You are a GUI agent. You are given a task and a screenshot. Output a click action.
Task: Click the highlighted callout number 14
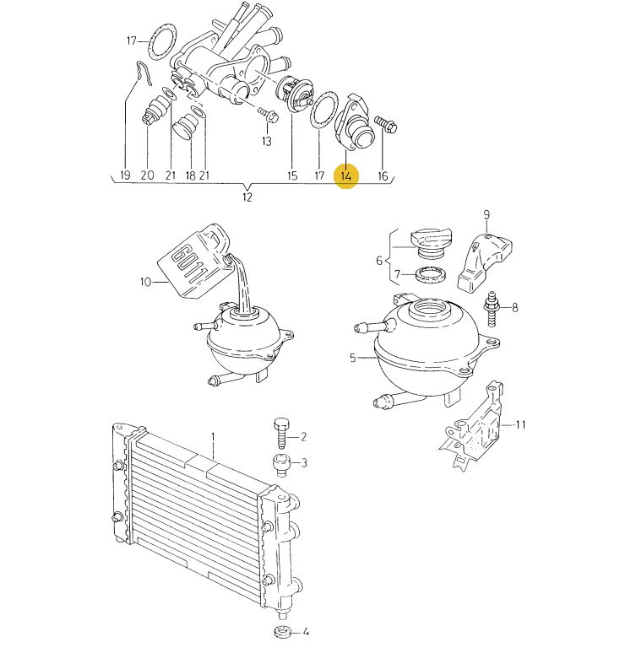(346, 175)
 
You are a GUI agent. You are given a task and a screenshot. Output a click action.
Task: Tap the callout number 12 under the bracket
(247, 197)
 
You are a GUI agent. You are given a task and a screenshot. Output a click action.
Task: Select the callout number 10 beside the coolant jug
(145, 283)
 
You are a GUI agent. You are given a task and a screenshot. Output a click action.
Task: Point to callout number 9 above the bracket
(487, 215)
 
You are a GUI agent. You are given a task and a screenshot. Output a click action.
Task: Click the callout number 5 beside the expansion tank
(353, 358)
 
